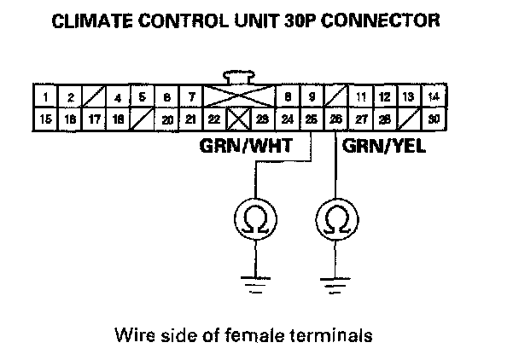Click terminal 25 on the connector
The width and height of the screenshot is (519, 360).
(x=312, y=120)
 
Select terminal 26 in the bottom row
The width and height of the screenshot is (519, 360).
(x=336, y=120)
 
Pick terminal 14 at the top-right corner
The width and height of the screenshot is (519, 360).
(x=435, y=98)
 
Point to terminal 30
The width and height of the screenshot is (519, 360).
(x=435, y=120)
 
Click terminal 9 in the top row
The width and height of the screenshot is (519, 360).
(x=312, y=98)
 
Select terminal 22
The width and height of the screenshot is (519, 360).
(x=215, y=120)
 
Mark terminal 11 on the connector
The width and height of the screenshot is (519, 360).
(x=361, y=98)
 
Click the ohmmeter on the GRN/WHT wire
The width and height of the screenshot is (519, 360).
(x=253, y=221)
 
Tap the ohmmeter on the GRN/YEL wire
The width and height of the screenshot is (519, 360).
(x=335, y=221)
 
